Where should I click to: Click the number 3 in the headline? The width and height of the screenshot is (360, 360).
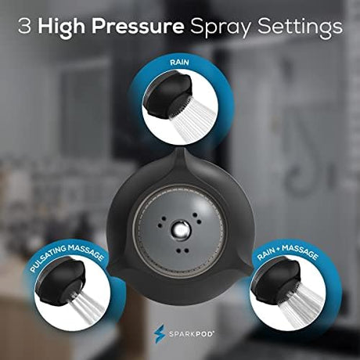click(24, 26)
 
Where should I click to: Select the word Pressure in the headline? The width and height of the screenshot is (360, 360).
click(138, 26)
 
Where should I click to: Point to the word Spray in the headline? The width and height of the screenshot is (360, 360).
click(221, 27)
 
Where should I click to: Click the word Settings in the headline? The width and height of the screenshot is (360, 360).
click(300, 27)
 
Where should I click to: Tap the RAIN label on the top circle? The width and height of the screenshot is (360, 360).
click(179, 63)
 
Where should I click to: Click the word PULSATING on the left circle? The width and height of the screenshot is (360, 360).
click(49, 259)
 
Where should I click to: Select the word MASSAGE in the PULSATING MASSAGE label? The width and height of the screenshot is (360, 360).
click(86, 252)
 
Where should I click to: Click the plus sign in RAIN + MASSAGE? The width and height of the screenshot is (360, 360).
click(279, 249)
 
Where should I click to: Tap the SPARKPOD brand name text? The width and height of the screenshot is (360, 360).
click(192, 334)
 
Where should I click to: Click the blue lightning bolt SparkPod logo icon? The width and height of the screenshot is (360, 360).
click(159, 333)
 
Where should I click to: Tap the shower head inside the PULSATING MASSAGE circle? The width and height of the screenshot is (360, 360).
click(61, 280)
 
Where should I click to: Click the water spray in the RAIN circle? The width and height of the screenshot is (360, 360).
click(192, 123)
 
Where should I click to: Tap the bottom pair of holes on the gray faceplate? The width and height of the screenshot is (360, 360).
click(183, 250)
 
